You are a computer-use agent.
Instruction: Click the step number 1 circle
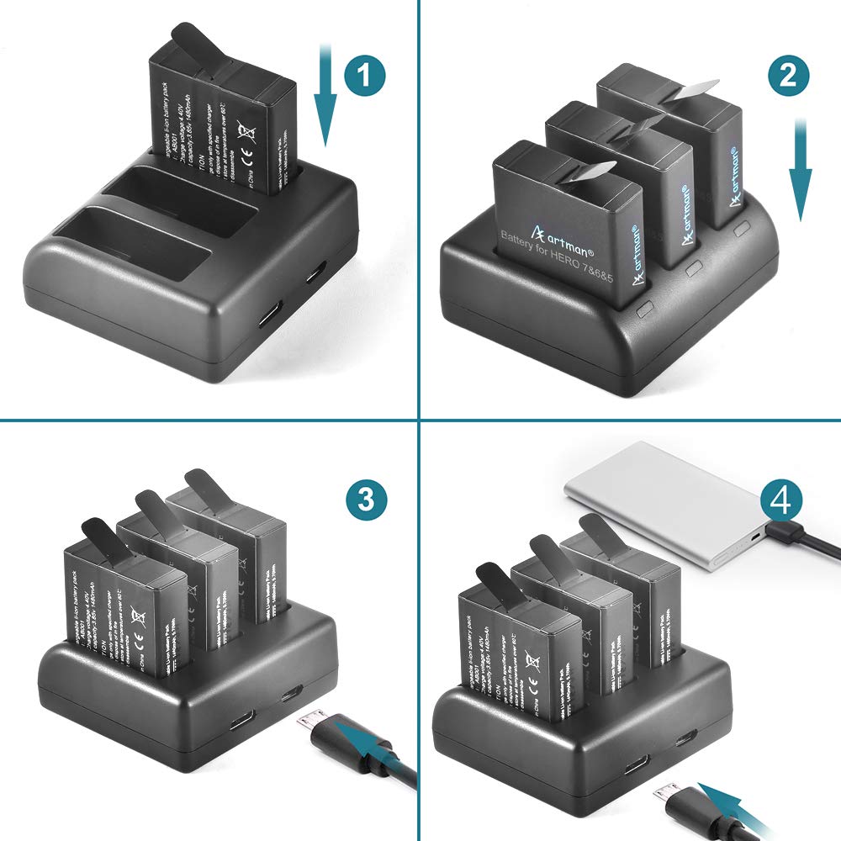click(363, 77)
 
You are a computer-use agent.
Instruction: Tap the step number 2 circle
click(787, 77)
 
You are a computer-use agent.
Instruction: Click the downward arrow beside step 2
click(800, 168)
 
